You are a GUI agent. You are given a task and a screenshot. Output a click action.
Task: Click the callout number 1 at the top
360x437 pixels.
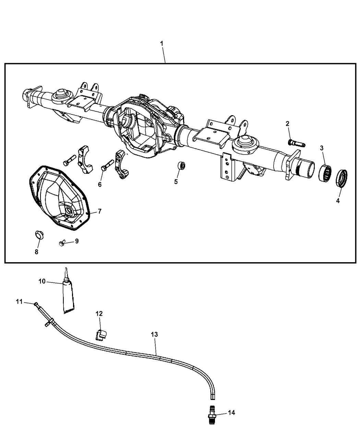(x=161, y=44)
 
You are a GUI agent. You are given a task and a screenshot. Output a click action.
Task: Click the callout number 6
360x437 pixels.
(x=100, y=184)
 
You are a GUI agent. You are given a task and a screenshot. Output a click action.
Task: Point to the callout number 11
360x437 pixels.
(x=20, y=302)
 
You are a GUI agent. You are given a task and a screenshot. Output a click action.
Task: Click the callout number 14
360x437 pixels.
(x=232, y=413)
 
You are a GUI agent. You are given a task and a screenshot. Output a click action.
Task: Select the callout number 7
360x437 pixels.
(x=99, y=211)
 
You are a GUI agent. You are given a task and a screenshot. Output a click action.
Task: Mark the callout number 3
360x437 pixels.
(x=322, y=148)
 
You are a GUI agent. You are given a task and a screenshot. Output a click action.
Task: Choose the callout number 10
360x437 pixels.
(x=42, y=281)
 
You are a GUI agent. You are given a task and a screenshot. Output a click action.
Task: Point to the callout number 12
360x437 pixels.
(x=99, y=313)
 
